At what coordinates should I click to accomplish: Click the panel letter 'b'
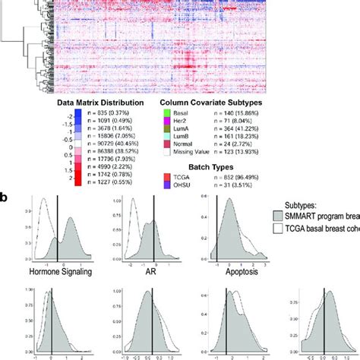coord(6,197)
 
